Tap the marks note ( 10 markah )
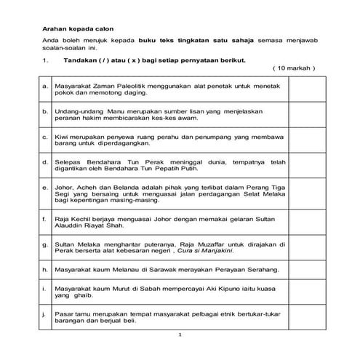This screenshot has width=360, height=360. [294, 68]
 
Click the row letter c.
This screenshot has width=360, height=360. [45, 136]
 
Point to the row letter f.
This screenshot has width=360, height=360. [45, 219]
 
